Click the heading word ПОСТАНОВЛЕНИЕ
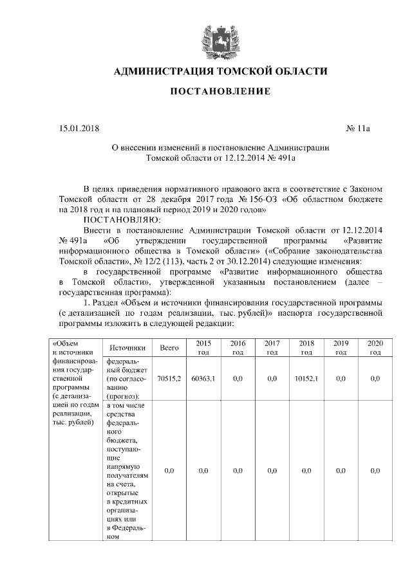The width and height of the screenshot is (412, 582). pos(220,92)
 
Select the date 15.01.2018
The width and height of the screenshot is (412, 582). pos(77,129)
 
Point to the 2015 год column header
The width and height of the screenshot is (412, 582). pos(203,348)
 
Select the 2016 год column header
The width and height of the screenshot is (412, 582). pos(238,348)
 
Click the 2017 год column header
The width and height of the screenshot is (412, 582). pos(272,348)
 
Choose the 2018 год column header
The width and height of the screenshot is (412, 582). pos(306,348)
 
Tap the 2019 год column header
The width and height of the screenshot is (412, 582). pos(341,348)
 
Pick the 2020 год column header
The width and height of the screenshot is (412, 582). pos(375,348)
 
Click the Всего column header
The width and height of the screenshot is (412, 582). pos(169,348)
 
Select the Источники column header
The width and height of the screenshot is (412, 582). pos(126,348)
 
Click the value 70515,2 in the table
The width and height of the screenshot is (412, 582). pos(169,379)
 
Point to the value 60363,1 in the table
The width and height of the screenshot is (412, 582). pos(203,379)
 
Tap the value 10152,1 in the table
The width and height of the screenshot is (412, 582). pos(306,379)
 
